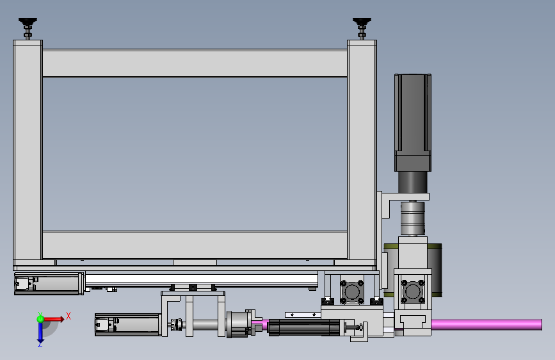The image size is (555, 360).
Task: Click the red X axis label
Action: click(68, 316)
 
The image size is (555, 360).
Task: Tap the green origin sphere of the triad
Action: click(40, 319)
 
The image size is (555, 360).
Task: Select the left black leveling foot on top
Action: click(28, 28)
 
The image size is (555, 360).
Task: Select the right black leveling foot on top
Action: click(362, 28)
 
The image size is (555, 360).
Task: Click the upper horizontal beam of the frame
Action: click(195, 63)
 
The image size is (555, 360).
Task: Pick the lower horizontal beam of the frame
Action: click(195, 245)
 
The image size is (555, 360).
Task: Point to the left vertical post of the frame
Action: click(28, 152)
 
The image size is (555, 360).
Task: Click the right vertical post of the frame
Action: click(362, 152)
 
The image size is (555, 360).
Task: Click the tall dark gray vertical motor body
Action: click(413, 122)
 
